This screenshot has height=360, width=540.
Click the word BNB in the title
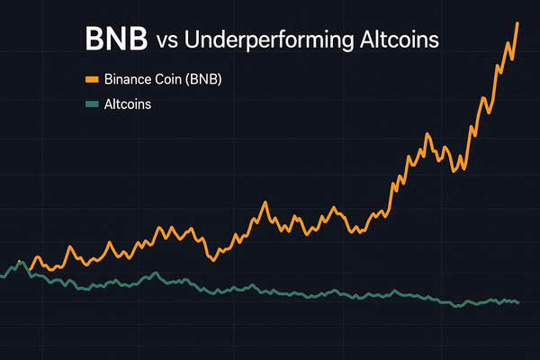pos(114,40)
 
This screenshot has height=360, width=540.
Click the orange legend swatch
pos(91,79)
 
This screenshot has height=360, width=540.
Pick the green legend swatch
pos(91,104)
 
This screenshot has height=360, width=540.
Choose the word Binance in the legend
pos(129,79)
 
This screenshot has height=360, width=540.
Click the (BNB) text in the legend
pos(204,79)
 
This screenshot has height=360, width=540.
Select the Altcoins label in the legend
pos(127,104)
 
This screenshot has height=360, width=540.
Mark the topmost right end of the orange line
pos(517,22)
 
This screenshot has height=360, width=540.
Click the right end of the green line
pos(518,302)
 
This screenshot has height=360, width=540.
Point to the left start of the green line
pos(2,276)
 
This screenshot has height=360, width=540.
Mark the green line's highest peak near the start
pos(19,263)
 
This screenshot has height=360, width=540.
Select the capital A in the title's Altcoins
pos(346,40)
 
